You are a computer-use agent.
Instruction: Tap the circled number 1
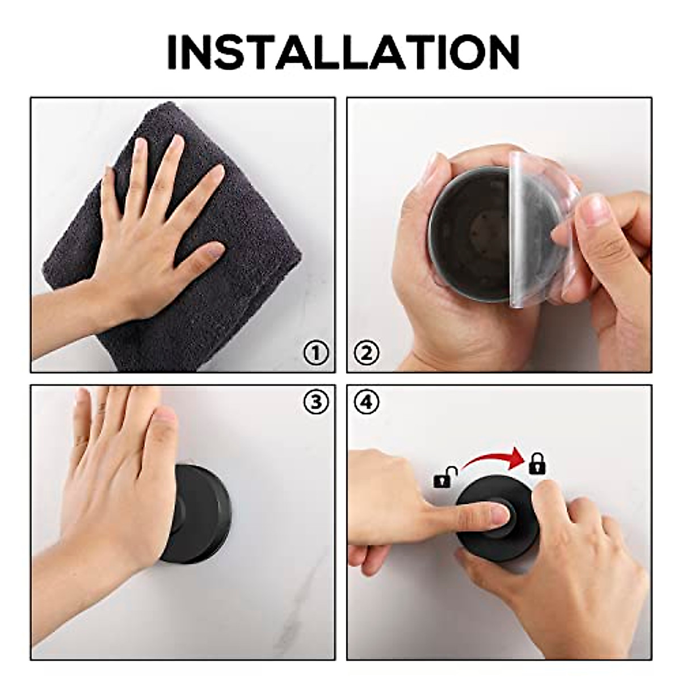tap(316, 354)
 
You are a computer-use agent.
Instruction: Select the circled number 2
tap(366, 354)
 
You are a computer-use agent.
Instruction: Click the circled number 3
tap(316, 402)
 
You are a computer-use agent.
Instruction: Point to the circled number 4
tap(366, 402)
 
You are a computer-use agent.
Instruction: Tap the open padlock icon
tap(444, 477)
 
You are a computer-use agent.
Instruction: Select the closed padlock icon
tap(535, 464)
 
